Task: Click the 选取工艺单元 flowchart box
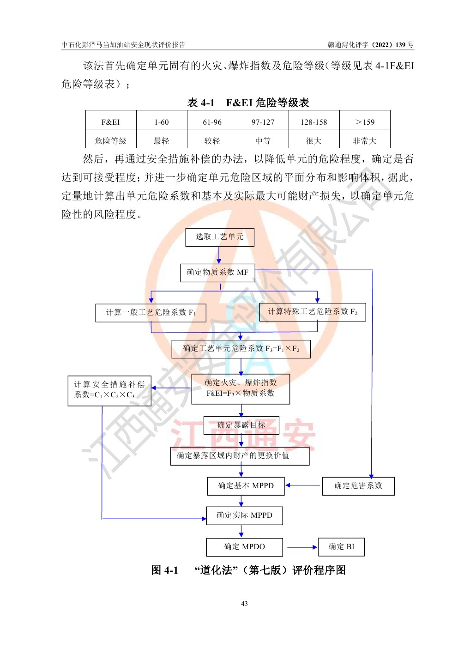[x=219, y=237]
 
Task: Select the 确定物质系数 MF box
[x=217, y=273]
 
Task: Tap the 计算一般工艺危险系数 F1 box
[x=151, y=313]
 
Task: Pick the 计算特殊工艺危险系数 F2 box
[x=313, y=312]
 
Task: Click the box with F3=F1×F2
[x=241, y=349]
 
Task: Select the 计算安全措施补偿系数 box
[x=109, y=390]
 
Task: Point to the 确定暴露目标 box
[x=241, y=425]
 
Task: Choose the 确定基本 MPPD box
[x=246, y=486]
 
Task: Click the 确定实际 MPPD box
[x=244, y=515]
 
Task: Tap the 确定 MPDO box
[x=244, y=547]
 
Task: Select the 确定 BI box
[x=341, y=547]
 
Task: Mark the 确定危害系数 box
[x=358, y=486]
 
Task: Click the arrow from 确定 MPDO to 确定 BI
[x=302, y=547]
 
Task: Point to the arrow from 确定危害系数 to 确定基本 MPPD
[x=303, y=485]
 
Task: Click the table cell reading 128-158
[x=313, y=122]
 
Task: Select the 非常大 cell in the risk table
[x=364, y=141]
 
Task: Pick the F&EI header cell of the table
[x=110, y=122]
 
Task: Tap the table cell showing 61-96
[x=212, y=122]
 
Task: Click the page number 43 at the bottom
[x=244, y=604]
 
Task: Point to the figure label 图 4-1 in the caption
[x=164, y=570]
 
